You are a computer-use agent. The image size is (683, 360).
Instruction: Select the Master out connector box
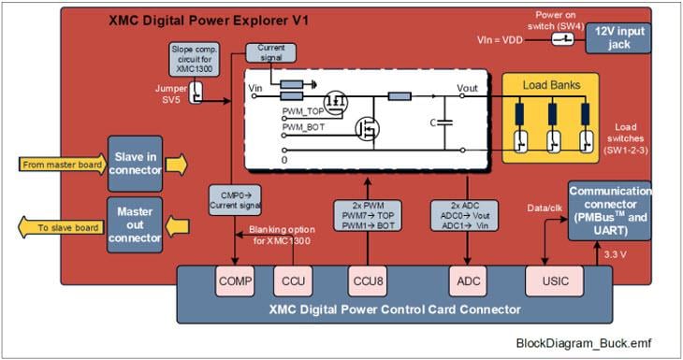click(x=137, y=224)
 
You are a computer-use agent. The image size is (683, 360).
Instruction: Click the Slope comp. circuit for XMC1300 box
click(x=196, y=61)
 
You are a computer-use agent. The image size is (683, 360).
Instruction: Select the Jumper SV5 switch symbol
click(x=197, y=93)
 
